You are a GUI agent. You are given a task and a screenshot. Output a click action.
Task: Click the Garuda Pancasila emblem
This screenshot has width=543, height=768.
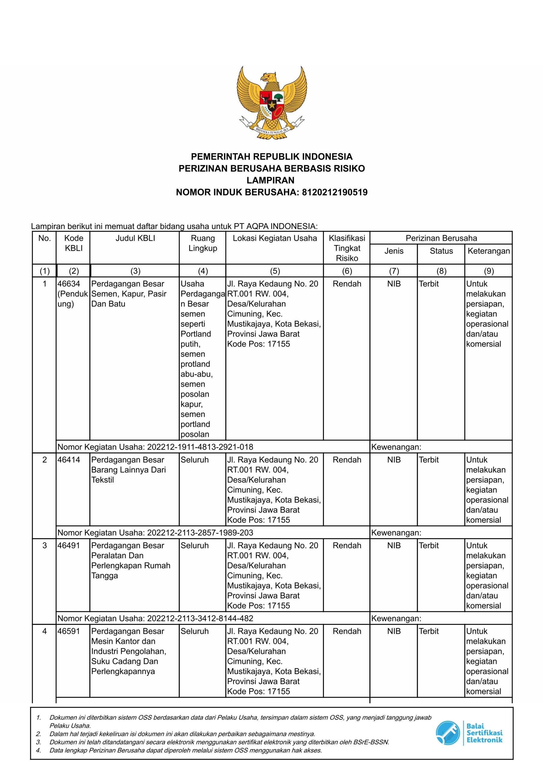click(x=271, y=102)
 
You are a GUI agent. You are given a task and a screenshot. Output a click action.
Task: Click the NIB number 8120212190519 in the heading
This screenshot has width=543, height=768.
click(x=334, y=192)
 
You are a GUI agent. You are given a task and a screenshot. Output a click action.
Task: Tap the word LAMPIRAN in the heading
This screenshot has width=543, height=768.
click(x=270, y=180)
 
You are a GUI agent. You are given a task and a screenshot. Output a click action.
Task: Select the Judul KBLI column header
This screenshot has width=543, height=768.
click(x=135, y=238)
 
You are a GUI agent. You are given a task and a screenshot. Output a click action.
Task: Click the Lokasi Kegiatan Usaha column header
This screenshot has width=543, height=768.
click(x=275, y=238)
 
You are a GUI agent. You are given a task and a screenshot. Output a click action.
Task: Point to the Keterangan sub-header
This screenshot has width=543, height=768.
click(x=488, y=251)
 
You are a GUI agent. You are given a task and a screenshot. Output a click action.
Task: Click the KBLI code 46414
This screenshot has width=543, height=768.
click(x=69, y=460)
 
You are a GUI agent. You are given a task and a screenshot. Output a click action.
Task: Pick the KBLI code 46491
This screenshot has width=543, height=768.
click(x=69, y=546)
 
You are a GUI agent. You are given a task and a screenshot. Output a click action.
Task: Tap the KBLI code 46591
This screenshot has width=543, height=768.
click(x=69, y=631)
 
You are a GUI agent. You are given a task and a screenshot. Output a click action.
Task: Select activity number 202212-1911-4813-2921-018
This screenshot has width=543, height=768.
click(x=200, y=447)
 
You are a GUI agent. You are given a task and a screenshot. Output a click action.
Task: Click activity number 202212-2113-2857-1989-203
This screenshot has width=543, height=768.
click(x=200, y=532)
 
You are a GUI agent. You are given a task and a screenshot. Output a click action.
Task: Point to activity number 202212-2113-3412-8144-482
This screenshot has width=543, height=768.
click(x=200, y=619)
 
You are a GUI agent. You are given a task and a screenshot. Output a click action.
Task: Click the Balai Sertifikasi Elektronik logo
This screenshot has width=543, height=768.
click(x=469, y=733)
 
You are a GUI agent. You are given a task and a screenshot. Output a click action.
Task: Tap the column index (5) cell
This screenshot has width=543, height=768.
click(x=275, y=271)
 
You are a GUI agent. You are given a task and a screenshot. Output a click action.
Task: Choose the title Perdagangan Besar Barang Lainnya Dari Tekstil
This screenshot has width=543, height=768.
click(x=128, y=469)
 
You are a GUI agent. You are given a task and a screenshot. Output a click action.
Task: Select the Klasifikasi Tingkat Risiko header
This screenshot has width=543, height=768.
click(x=347, y=248)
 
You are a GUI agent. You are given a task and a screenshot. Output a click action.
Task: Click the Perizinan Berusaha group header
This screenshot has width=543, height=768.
click(x=441, y=238)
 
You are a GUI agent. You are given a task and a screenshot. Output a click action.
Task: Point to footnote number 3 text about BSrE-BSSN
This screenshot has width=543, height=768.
click(x=219, y=742)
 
